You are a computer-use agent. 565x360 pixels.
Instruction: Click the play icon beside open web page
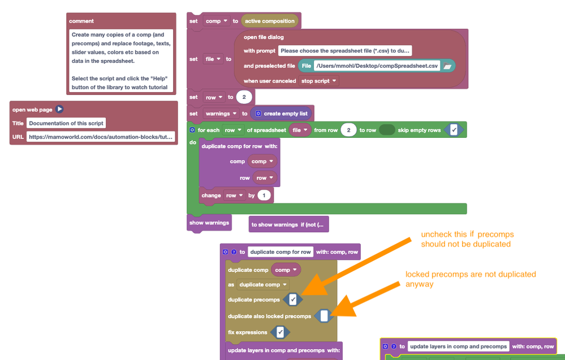(x=59, y=110)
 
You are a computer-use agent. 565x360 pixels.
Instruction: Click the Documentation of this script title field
(x=67, y=123)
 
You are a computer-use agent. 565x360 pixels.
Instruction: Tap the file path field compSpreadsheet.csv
(x=377, y=66)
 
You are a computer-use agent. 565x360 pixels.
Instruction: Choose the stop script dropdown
(x=319, y=81)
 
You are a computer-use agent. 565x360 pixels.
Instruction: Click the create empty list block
(x=281, y=114)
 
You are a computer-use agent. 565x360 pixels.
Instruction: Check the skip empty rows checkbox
(x=454, y=130)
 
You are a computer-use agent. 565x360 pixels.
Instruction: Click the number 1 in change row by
(x=264, y=196)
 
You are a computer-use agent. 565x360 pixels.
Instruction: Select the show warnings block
(x=209, y=223)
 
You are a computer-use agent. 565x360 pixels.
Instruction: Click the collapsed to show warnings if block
(x=288, y=224)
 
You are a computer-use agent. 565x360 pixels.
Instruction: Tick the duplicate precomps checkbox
(x=292, y=300)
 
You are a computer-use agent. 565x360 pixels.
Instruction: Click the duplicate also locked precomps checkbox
(x=324, y=316)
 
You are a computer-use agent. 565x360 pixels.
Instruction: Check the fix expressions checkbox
(x=280, y=332)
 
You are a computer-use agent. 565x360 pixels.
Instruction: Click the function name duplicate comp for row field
(x=281, y=252)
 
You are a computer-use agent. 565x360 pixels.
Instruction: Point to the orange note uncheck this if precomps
(x=467, y=239)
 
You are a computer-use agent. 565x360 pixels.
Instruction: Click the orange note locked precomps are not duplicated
(x=471, y=279)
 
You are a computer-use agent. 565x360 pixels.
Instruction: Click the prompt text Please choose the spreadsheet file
(x=345, y=51)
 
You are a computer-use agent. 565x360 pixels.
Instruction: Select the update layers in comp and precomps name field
(x=458, y=346)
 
